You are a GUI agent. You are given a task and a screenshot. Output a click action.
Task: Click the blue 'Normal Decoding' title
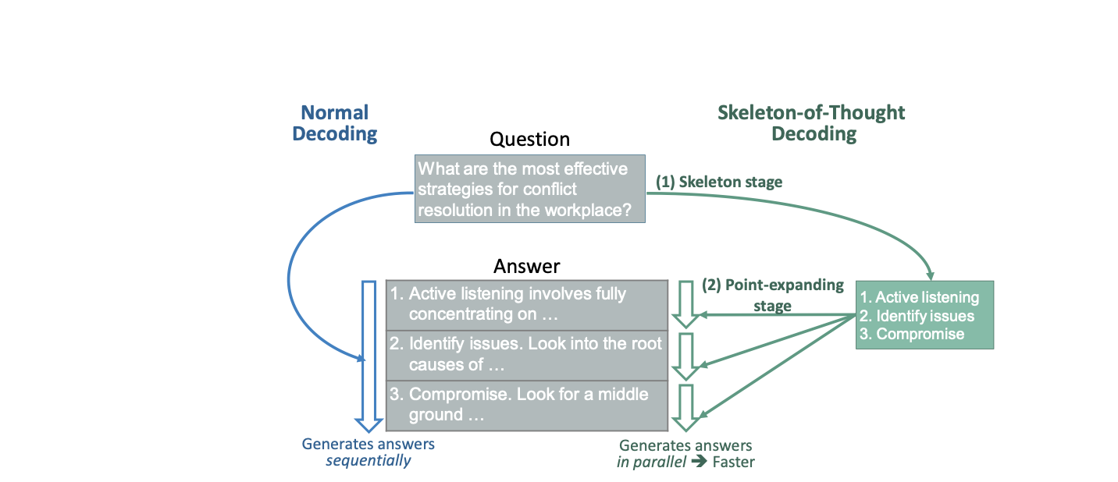tap(334, 123)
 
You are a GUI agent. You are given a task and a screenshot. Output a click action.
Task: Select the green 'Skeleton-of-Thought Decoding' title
tap(811, 123)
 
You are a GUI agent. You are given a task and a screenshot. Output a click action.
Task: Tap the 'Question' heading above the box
tap(529, 140)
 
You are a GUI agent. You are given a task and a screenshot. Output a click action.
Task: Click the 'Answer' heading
tap(526, 266)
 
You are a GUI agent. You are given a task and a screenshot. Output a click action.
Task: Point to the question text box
tap(529, 190)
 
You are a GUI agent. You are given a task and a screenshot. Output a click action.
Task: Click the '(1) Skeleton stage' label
tap(718, 182)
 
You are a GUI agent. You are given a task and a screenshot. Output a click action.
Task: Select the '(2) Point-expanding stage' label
tap(772, 295)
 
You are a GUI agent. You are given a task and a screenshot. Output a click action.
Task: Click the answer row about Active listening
tap(527, 304)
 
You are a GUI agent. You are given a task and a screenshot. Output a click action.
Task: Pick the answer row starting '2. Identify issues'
tap(527, 353)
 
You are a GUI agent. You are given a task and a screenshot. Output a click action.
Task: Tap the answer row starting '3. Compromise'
tap(527, 404)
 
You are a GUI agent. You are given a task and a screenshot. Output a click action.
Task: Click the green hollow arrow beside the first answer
tap(687, 304)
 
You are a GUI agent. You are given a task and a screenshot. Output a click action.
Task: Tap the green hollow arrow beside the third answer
tap(687, 406)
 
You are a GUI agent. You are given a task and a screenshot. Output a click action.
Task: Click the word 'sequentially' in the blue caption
tap(368, 460)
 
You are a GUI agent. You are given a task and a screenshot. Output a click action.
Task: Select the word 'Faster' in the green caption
tap(733, 462)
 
